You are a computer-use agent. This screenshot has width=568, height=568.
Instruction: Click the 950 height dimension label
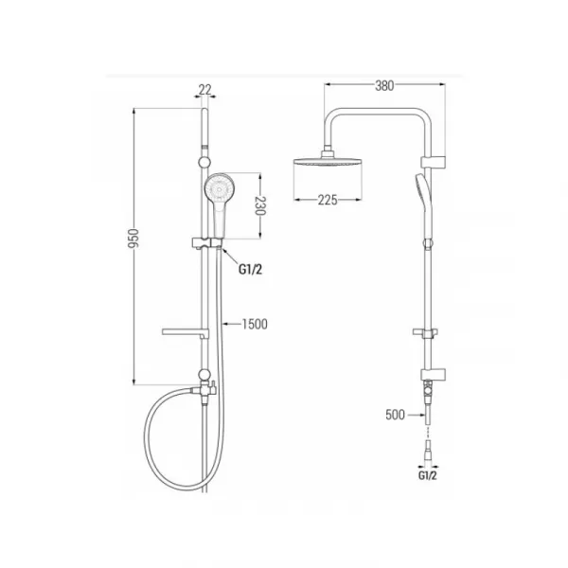pyautogui.click(x=133, y=238)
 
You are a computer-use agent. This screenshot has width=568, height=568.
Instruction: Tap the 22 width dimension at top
pyautogui.click(x=204, y=90)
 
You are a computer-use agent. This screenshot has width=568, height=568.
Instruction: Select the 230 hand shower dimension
pyautogui.click(x=260, y=205)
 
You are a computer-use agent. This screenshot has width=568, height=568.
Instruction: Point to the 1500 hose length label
pyautogui.click(x=255, y=324)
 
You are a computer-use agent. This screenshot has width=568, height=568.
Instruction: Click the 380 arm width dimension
pyautogui.click(x=384, y=86)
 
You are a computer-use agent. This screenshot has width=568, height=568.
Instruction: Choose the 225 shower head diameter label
pyautogui.click(x=328, y=200)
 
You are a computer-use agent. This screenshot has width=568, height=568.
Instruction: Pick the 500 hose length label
pyautogui.click(x=395, y=415)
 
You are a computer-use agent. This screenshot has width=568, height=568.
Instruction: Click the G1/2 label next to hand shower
pyautogui.click(x=250, y=269)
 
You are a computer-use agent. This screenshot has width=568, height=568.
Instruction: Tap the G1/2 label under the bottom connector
pyautogui.click(x=428, y=475)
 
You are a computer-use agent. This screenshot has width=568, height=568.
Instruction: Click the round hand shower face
pyautogui.click(x=220, y=188)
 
